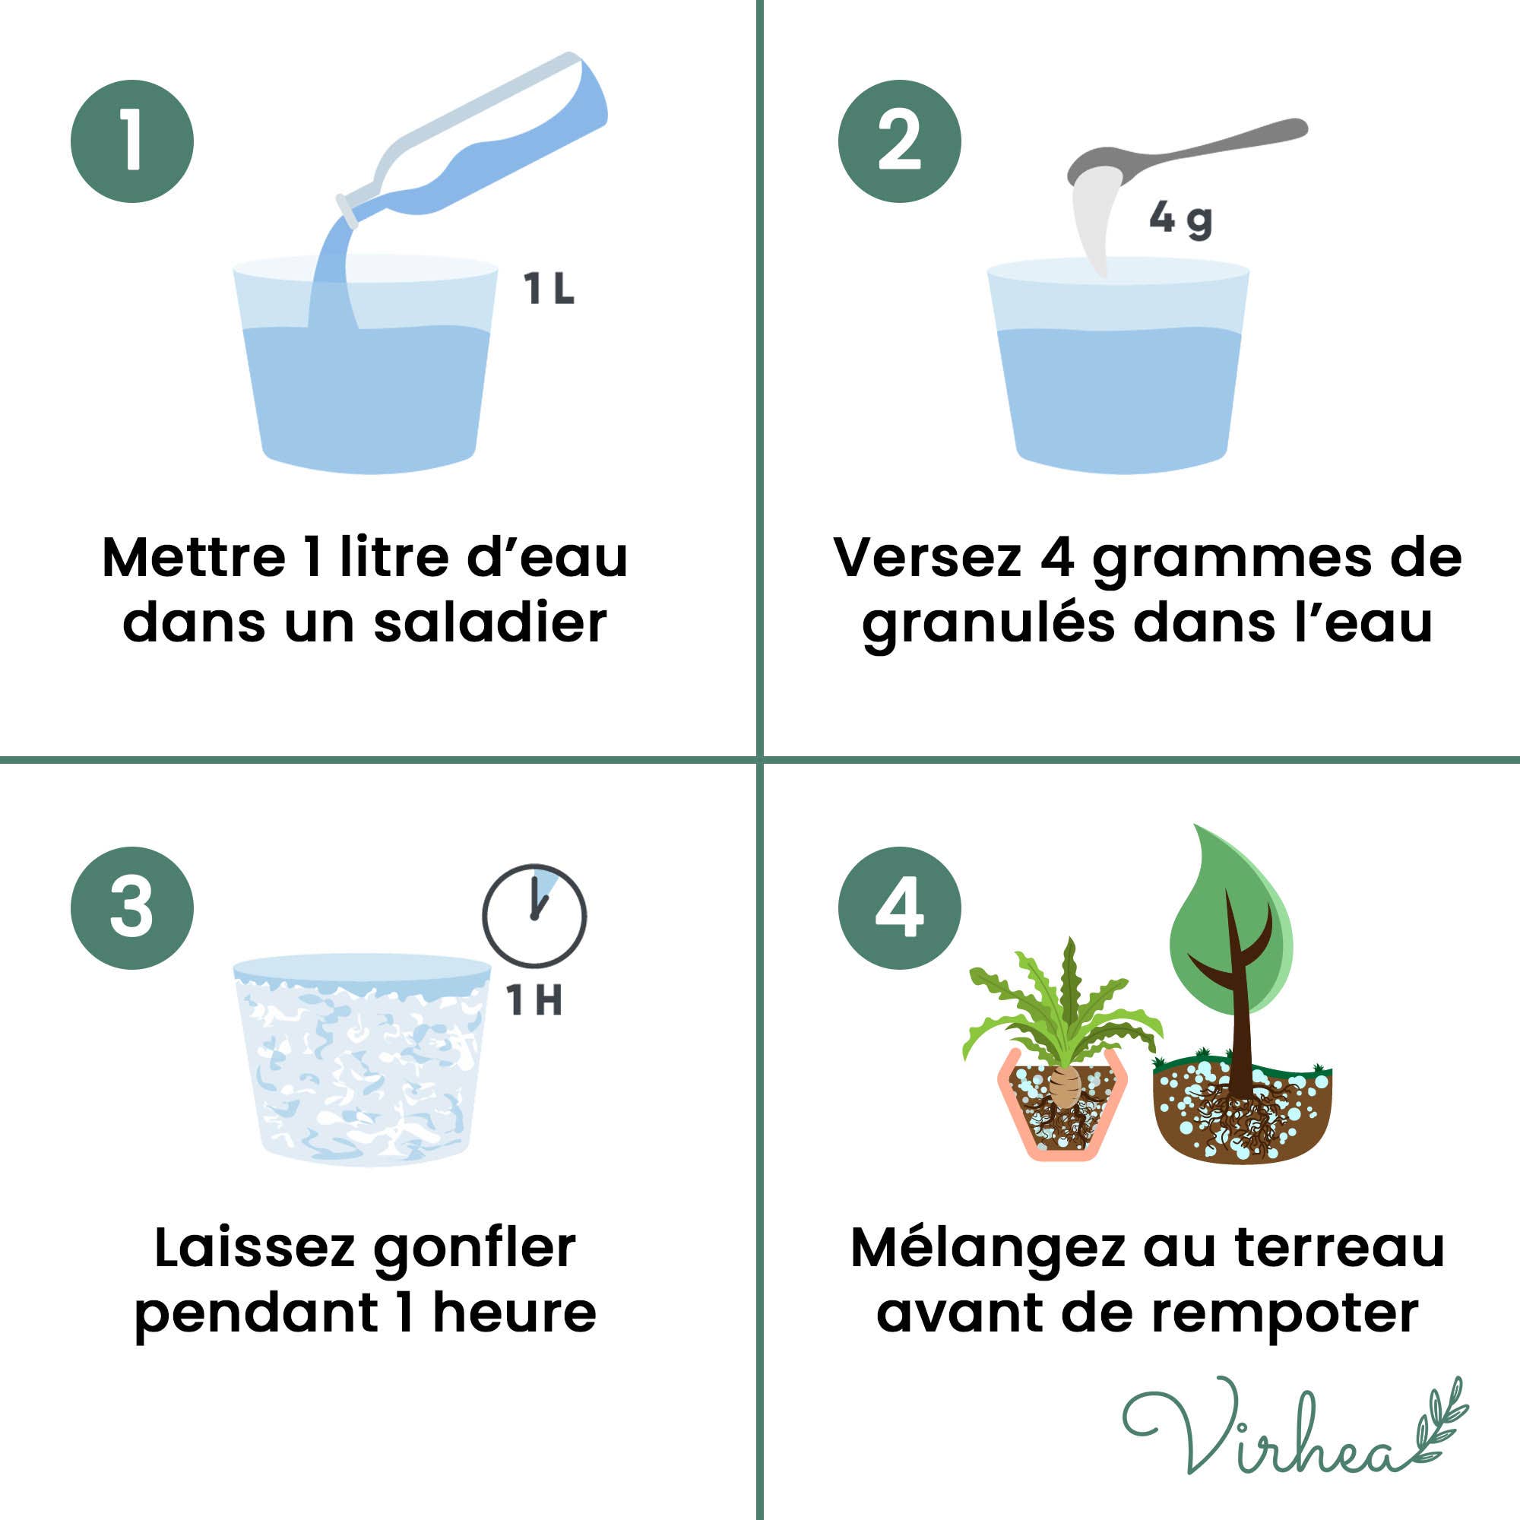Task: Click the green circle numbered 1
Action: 132,141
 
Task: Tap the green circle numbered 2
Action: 899,141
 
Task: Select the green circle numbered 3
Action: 132,908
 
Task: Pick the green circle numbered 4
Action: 899,908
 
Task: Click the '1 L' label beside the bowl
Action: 549,289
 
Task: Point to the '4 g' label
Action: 1181,220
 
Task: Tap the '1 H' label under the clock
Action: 535,1001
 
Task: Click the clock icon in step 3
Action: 534,916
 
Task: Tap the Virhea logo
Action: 1295,1434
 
